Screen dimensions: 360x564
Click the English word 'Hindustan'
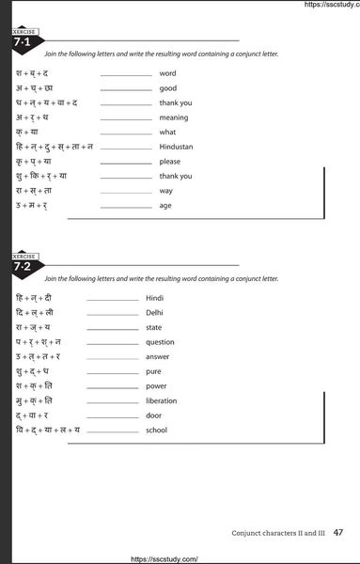point(180,147)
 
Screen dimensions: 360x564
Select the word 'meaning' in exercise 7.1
point(174,117)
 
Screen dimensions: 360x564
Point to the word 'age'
point(165,205)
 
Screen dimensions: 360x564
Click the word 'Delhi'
point(154,312)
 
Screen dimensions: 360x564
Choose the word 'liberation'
point(162,400)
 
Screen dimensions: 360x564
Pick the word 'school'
point(156,430)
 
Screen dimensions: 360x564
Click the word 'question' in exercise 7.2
point(160,342)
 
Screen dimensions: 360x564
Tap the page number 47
point(339,532)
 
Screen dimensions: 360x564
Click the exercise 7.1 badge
point(23,40)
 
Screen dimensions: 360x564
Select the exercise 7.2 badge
point(23,265)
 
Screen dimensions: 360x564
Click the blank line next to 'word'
point(125,75)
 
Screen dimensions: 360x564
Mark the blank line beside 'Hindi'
point(112,300)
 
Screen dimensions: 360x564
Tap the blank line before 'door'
point(112,417)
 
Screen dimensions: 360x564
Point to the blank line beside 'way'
point(125,192)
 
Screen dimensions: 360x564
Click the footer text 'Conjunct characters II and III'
point(277,533)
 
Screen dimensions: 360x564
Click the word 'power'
point(157,385)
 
